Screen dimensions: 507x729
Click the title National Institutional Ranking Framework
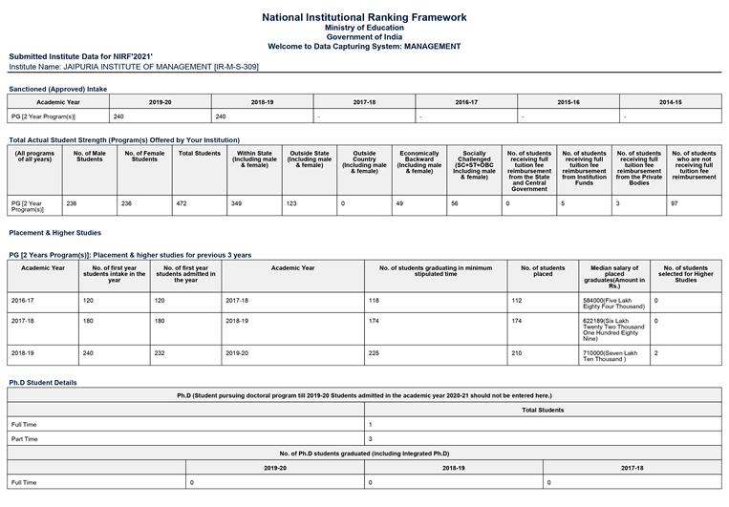[364, 17]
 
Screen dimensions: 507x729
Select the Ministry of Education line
[364, 28]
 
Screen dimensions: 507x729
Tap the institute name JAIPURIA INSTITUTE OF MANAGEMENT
[134, 67]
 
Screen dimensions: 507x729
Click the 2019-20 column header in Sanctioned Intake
[161, 102]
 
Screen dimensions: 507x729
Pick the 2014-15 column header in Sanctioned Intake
[670, 102]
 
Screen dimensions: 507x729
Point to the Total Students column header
[200, 154]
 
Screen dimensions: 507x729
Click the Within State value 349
[237, 203]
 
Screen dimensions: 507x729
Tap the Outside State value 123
[291, 203]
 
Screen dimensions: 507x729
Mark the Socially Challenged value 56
[455, 203]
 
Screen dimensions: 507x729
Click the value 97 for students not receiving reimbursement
[674, 203]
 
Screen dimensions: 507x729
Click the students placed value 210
[517, 352]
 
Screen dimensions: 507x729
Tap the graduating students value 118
[373, 300]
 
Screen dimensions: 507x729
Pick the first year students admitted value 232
[160, 352]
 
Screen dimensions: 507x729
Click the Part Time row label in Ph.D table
[25, 438]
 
